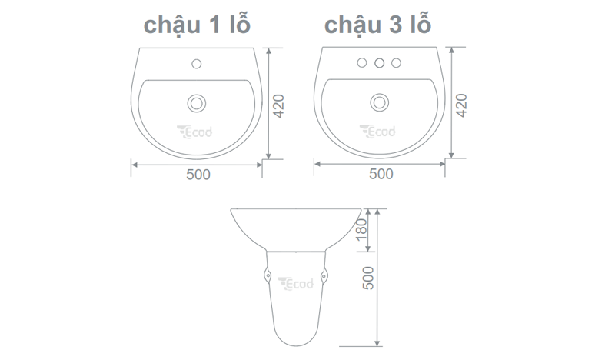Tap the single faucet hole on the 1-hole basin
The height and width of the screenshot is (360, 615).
(198, 62)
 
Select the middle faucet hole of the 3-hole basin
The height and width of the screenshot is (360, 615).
(379, 62)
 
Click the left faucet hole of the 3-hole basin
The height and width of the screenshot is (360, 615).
(361, 62)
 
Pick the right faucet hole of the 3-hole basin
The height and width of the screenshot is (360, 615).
(397, 62)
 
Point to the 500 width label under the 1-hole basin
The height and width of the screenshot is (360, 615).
(198, 175)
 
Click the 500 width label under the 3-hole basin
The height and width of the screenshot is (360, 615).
(380, 175)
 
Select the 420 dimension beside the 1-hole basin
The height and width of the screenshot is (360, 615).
(280, 105)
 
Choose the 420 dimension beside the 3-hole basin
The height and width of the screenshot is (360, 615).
(462, 105)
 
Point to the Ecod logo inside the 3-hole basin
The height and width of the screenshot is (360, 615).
(377, 132)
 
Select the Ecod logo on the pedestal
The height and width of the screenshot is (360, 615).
(296, 284)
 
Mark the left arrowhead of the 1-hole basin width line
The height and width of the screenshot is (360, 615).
(134, 163)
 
